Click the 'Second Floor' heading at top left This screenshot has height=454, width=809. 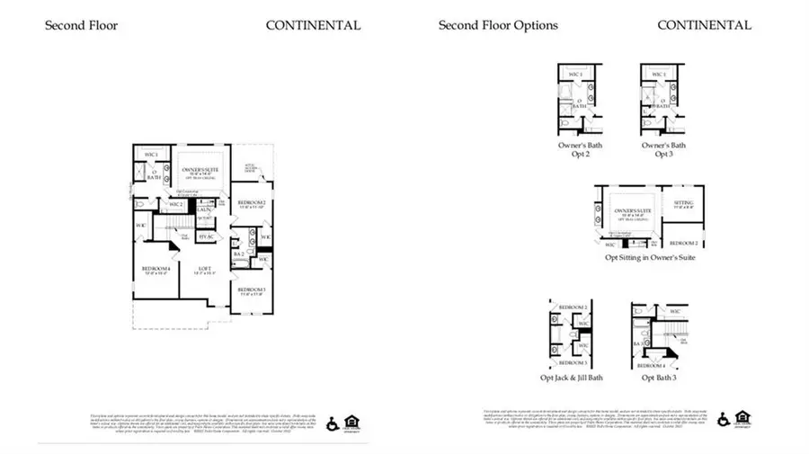(x=81, y=25)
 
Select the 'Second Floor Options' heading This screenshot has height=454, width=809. (x=497, y=25)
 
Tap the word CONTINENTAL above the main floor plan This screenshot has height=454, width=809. (x=313, y=25)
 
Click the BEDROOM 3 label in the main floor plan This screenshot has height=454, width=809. (x=251, y=289)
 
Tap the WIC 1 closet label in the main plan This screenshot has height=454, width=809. (x=151, y=156)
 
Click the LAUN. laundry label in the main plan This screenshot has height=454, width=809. (x=204, y=209)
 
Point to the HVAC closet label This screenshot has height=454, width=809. (x=207, y=236)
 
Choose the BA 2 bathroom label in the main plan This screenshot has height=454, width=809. (x=238, y=254)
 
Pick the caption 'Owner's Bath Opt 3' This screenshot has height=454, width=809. (x=663, y=150)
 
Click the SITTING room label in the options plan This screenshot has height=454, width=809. (x=683, y=203)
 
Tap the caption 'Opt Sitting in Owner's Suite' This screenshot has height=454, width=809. (x=650, y=258)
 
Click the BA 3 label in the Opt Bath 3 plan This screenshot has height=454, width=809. (x=636, y=343)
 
